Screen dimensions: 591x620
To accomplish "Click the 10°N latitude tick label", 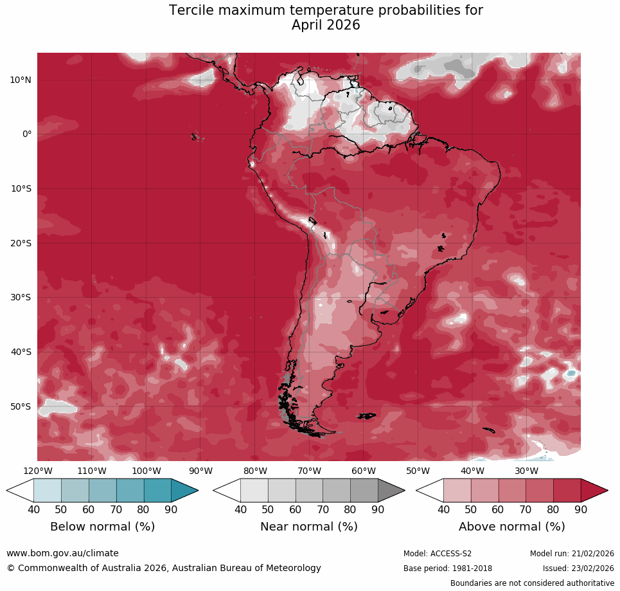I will tap(20, 80).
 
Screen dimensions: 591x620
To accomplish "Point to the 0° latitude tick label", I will tap(26, 134).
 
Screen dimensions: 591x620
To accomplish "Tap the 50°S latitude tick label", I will tap(20, 406).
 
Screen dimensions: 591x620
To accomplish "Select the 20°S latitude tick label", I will tap(20, 243).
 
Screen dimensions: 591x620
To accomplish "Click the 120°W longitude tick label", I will tap(37, 471).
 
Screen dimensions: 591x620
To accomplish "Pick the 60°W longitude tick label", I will tap(364, 471).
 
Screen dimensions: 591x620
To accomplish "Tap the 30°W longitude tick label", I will tap(527, 471).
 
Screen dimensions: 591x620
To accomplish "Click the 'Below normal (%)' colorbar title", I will tap(102, 527).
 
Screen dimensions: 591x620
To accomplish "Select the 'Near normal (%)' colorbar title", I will tap(308, 527).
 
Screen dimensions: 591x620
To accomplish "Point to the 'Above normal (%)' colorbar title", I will tap(511, 527).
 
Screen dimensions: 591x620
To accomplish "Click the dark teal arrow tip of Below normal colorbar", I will tap(186, 491).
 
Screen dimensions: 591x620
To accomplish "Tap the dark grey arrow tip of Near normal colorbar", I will tap(392, 491).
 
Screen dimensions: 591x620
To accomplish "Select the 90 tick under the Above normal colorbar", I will tap(581, 509).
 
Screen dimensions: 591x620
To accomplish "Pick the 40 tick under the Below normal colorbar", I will tap(33, 509).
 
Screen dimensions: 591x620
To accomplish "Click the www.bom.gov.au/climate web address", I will tap(62, 553).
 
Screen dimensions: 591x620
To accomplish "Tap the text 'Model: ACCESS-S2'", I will tap(437, 554).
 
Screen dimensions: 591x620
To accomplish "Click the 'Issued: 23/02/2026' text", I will tap(578, 568).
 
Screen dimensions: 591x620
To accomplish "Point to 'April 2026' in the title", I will tap(326, 26).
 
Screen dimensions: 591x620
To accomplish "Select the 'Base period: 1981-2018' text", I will tap(447, 568).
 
